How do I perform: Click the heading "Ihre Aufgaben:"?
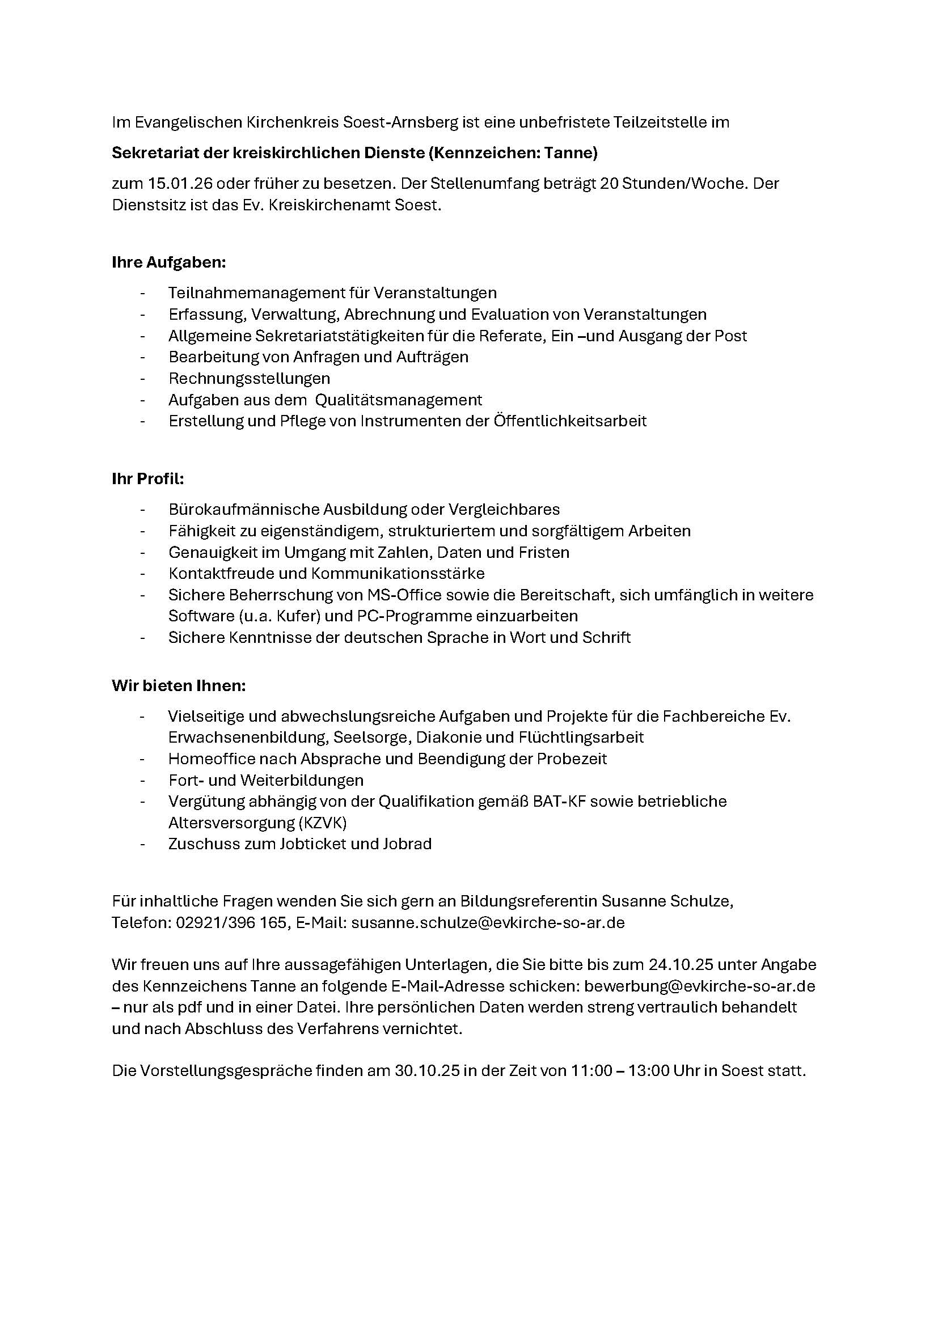[x=168, y=263]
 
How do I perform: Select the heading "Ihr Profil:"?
[x=148, y=479]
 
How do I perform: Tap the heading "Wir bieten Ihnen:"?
[x=179, y=685]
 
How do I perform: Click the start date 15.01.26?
[x=180, y=184]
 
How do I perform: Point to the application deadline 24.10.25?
[x=682, y=964]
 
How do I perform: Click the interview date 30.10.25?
[x=428, y=1070]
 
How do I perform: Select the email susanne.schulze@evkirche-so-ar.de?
[x=488, y=922]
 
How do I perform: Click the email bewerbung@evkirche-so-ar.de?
[x=699, y=986]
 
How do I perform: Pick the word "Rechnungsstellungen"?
[x=250, y=378]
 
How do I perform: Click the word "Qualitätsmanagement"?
[x=399, y=400]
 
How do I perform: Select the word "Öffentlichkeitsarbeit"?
[x=570, y=421]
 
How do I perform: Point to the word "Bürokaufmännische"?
[x=243, y=510]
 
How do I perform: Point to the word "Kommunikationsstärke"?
[x=398, y=573]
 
